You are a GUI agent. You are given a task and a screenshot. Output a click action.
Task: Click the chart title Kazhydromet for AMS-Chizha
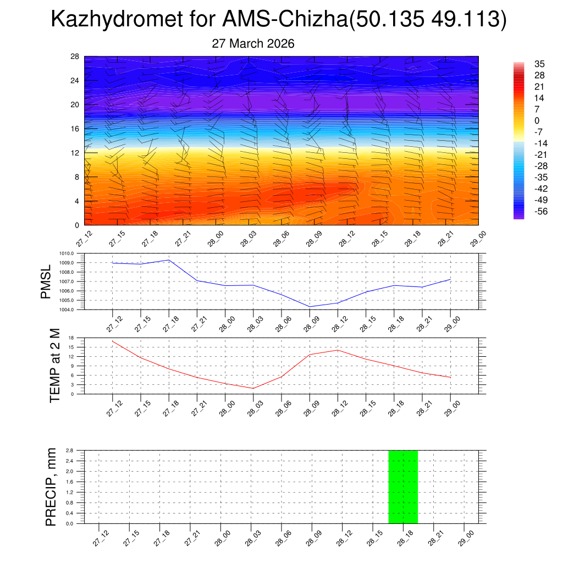(x=278, y=20)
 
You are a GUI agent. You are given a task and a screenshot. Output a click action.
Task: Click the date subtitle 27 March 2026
(x=253, y=43)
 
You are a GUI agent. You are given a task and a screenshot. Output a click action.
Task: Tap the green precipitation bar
(x=403, y=487)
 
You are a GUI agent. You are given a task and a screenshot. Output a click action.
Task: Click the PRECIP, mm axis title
(x=51, y=487)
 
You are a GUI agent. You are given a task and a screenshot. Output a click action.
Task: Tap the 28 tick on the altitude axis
(x=75, y=57)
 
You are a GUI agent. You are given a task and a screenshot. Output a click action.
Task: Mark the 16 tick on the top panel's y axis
(x=75, y=129)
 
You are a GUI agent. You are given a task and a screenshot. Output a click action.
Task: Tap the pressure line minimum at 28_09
(x=310, y=306)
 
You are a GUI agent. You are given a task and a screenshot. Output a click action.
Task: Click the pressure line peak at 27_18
(x=169, y=260)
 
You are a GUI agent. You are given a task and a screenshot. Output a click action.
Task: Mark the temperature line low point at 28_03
(x=253, y=388)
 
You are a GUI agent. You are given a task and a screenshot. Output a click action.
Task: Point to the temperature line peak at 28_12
(x=338, y=350)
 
